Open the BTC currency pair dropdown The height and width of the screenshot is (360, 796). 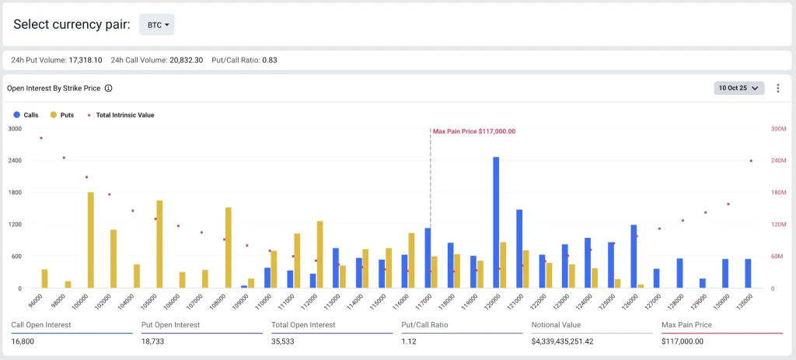pyautogui.click(x=157, y=25)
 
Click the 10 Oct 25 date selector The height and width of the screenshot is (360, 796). pyautogui.click(x=739, y=89)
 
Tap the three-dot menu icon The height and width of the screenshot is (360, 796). pyautogui.click(x=777, y=89)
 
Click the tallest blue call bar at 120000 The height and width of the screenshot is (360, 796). pyautogui.click(x=496, y=222)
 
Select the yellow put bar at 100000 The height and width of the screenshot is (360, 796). pyautogui.click(x=90, y=240)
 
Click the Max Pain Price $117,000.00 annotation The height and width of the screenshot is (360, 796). pyautogui.click(x=473, y=131)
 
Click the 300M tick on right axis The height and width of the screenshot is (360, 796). pyautogui.click(x=777, y=128)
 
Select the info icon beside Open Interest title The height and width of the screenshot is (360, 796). pyautogui.click(x=109, y=89)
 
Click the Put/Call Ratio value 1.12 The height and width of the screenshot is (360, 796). pyautogui.click(x=409, y=341)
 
